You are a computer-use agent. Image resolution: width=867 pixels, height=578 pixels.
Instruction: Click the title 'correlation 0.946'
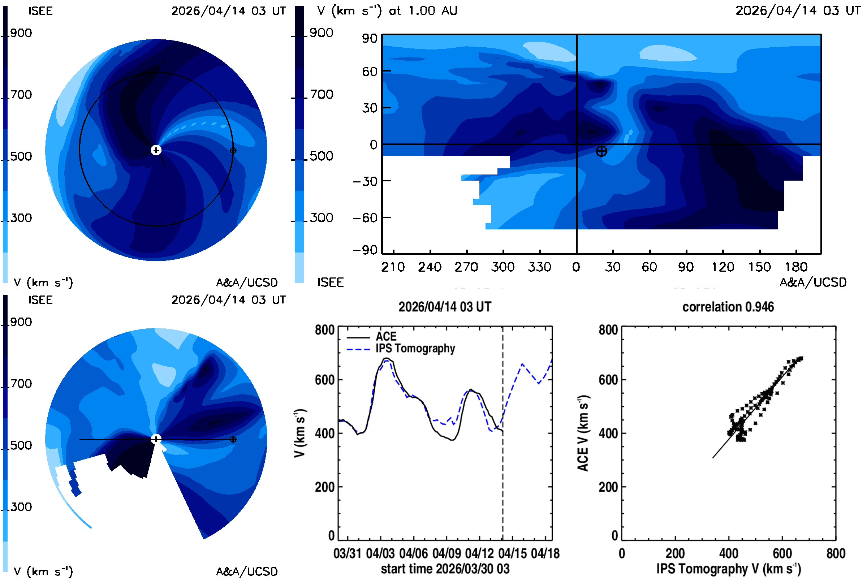[728, 307]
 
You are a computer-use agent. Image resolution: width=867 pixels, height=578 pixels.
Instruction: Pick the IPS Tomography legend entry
[401, 349]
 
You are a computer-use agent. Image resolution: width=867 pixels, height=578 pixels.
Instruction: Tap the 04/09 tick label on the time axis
[447, 554]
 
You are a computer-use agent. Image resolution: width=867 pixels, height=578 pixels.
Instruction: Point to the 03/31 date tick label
[347, 554]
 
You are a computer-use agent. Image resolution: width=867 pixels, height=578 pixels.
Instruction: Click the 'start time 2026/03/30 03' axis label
[445, 569]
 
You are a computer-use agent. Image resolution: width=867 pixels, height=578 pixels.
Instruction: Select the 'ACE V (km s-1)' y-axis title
[583, 433]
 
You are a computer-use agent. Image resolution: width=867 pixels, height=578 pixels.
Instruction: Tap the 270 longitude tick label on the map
[466, 267]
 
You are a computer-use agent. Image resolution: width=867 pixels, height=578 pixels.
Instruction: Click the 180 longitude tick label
[796, 267]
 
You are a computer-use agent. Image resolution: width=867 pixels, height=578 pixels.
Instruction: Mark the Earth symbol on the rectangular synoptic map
[601, 151]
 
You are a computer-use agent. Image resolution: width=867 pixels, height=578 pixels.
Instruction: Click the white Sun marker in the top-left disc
[156, 150]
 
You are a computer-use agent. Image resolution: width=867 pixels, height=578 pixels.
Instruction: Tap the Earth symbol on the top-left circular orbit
[233, 150]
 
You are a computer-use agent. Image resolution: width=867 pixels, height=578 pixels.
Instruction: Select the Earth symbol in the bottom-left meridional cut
[233, 439]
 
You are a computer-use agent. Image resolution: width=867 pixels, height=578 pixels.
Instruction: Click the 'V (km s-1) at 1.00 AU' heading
[387, 11]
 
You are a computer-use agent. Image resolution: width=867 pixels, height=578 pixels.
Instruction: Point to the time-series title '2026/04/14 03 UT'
[445, 307]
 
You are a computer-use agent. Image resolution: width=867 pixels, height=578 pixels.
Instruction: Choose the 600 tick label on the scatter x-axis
[782, 554]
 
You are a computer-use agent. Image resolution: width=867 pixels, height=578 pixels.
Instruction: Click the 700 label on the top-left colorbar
[21, 95]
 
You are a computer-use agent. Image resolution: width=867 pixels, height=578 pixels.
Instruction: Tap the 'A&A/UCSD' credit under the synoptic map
[813, 282]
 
